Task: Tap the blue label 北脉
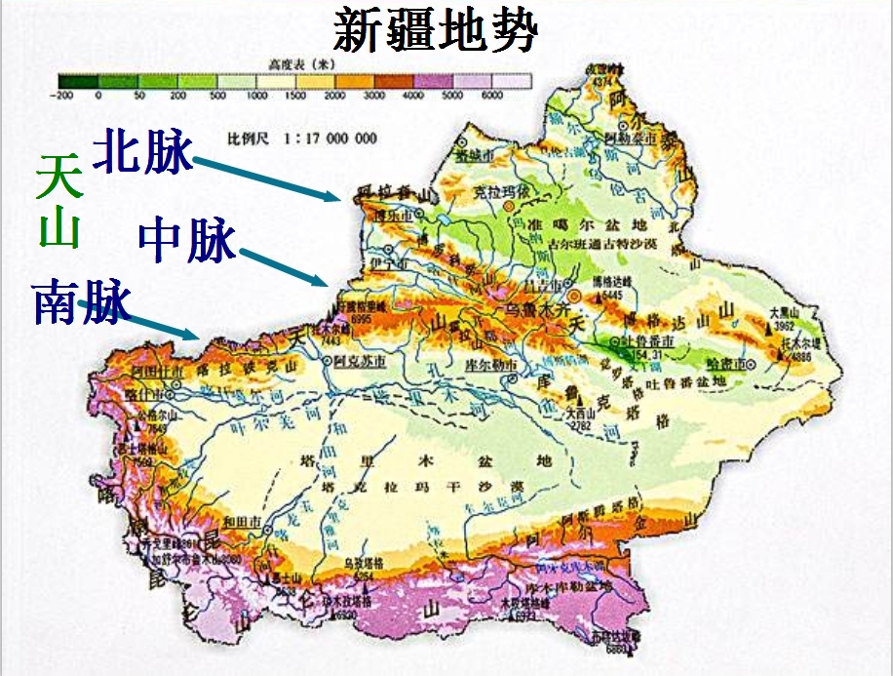142,152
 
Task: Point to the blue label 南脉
81,302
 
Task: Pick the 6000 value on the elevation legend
491,96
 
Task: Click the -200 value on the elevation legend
64,96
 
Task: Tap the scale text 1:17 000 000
330,139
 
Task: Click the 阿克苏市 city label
353,361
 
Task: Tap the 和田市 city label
240,522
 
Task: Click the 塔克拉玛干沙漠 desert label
464,485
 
